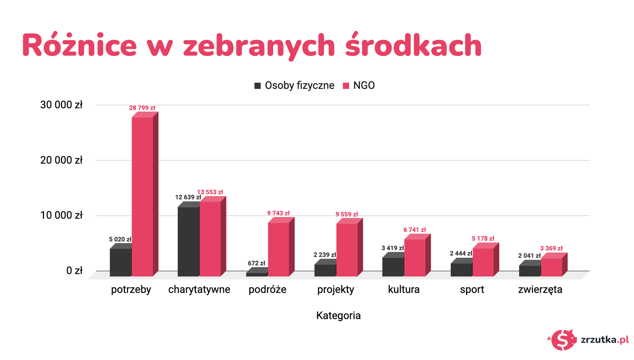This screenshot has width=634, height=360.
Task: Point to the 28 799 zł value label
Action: tap(142, 108)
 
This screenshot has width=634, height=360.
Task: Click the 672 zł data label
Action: tap(256, 263)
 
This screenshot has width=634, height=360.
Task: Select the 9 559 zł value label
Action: tap(347, 214)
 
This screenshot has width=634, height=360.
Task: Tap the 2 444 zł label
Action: tap(461, 254)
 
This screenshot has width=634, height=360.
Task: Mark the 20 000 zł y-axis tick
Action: tap(61, 160)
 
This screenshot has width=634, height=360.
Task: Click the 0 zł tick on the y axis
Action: tap(74, 271)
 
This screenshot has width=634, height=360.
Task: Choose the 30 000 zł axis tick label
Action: tap(61, 105)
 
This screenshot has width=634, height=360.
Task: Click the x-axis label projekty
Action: tap(335, 290)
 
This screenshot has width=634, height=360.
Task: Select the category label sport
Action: tap(472, 290)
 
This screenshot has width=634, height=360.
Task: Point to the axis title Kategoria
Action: tap(338, 316)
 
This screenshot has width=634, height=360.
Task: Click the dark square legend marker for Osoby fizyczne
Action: tap(257, 86)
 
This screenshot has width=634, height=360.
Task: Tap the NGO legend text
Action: tap(364, 86)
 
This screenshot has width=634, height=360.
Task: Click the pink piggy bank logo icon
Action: tap(563, 340)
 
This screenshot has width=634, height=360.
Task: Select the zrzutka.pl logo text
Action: tap(605, 340)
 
